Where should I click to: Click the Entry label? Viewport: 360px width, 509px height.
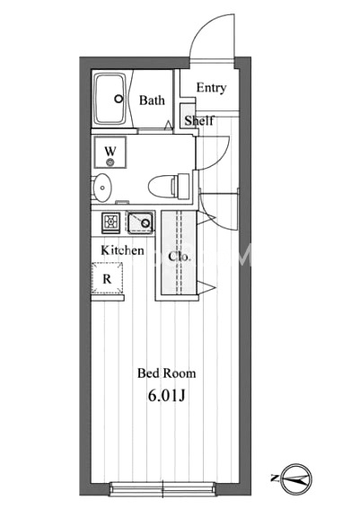211,88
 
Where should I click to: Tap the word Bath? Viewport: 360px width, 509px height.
152,101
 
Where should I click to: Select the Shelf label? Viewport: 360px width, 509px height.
199,120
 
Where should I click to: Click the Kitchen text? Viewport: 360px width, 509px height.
122,250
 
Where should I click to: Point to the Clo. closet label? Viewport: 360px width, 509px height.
179,257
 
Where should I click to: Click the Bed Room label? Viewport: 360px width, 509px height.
166,373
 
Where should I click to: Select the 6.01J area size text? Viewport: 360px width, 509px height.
166,396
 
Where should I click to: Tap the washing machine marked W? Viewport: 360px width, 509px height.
110,152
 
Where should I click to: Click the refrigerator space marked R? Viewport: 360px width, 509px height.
108,278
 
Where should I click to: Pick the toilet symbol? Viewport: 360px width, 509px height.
169,187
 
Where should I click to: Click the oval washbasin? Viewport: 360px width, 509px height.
101,188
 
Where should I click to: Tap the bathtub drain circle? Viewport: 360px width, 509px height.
119,99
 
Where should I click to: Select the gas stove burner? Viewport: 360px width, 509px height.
111,223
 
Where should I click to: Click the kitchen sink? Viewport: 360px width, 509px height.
140,223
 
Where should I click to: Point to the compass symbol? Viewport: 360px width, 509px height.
296,478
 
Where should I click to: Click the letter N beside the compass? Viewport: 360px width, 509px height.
275,478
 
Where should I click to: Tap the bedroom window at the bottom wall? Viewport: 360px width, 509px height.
162,488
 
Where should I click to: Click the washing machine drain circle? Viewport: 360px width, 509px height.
110,162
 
